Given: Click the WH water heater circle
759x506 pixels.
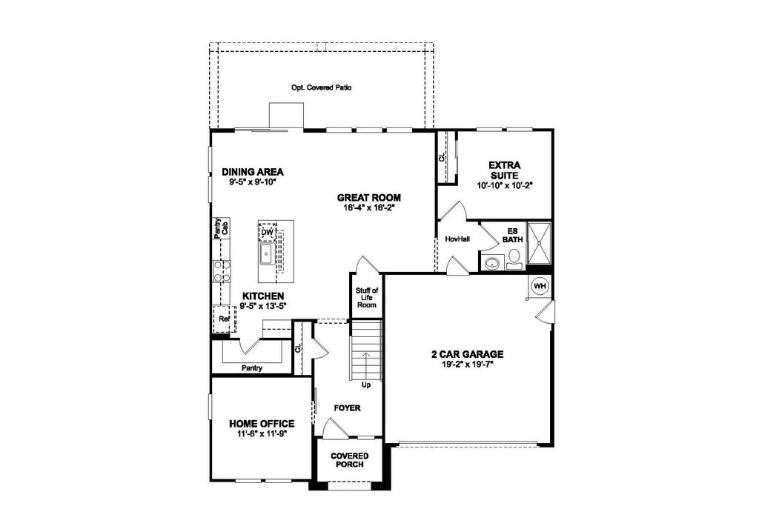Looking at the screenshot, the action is click(x=540, y=286).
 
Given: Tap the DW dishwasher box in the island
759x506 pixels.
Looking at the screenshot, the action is click(x=267, y=232).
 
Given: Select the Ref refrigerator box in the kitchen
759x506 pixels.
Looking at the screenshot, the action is click(x=224, y=319).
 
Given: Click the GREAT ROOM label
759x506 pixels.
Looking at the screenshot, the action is click(x=369, y=197).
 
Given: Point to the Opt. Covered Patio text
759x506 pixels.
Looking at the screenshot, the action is click(x=322, y=87).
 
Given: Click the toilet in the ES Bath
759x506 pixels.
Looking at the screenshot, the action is click(x=514, y=259).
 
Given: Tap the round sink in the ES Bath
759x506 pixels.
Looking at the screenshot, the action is click(x=492, y=264).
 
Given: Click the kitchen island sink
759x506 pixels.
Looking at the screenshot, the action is click(x=266, y=254).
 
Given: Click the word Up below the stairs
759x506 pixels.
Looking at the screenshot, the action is click(x=366, y=385).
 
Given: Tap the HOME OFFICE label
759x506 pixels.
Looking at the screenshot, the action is click(x=262, y=424).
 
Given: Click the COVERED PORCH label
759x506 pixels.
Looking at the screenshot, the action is click(x=350, y=460).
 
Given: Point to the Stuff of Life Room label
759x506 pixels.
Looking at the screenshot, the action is click(x=366, y=298).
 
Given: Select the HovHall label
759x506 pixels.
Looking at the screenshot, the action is click(x=457, y=239).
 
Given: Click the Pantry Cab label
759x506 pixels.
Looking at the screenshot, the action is click(x=222, y=228).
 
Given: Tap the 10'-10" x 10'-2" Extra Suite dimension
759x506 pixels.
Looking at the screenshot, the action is click(x=504, y=184).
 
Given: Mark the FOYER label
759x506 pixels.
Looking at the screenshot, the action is click(x=347, y=407).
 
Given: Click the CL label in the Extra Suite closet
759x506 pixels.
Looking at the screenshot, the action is click(x=442, y=158).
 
